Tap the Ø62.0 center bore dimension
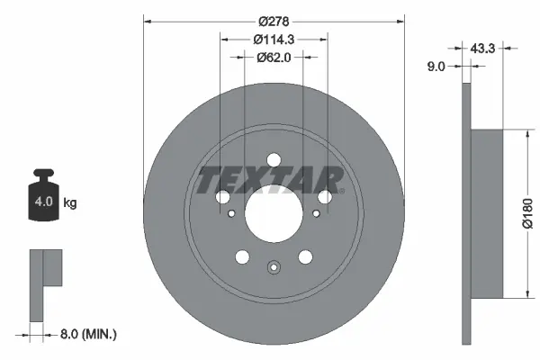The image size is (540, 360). coord(274,57)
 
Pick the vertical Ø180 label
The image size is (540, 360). coord(528,214)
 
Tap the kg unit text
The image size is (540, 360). coord(70,203)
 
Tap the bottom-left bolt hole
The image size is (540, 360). coord(240,258)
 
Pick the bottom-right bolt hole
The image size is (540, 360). coord(306,258)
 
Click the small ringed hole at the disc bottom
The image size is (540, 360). coord(274,266)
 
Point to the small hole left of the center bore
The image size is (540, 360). coord(231,214)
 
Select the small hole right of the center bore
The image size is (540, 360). coord(316,214)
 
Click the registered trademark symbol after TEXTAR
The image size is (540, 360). coord(341,190)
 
